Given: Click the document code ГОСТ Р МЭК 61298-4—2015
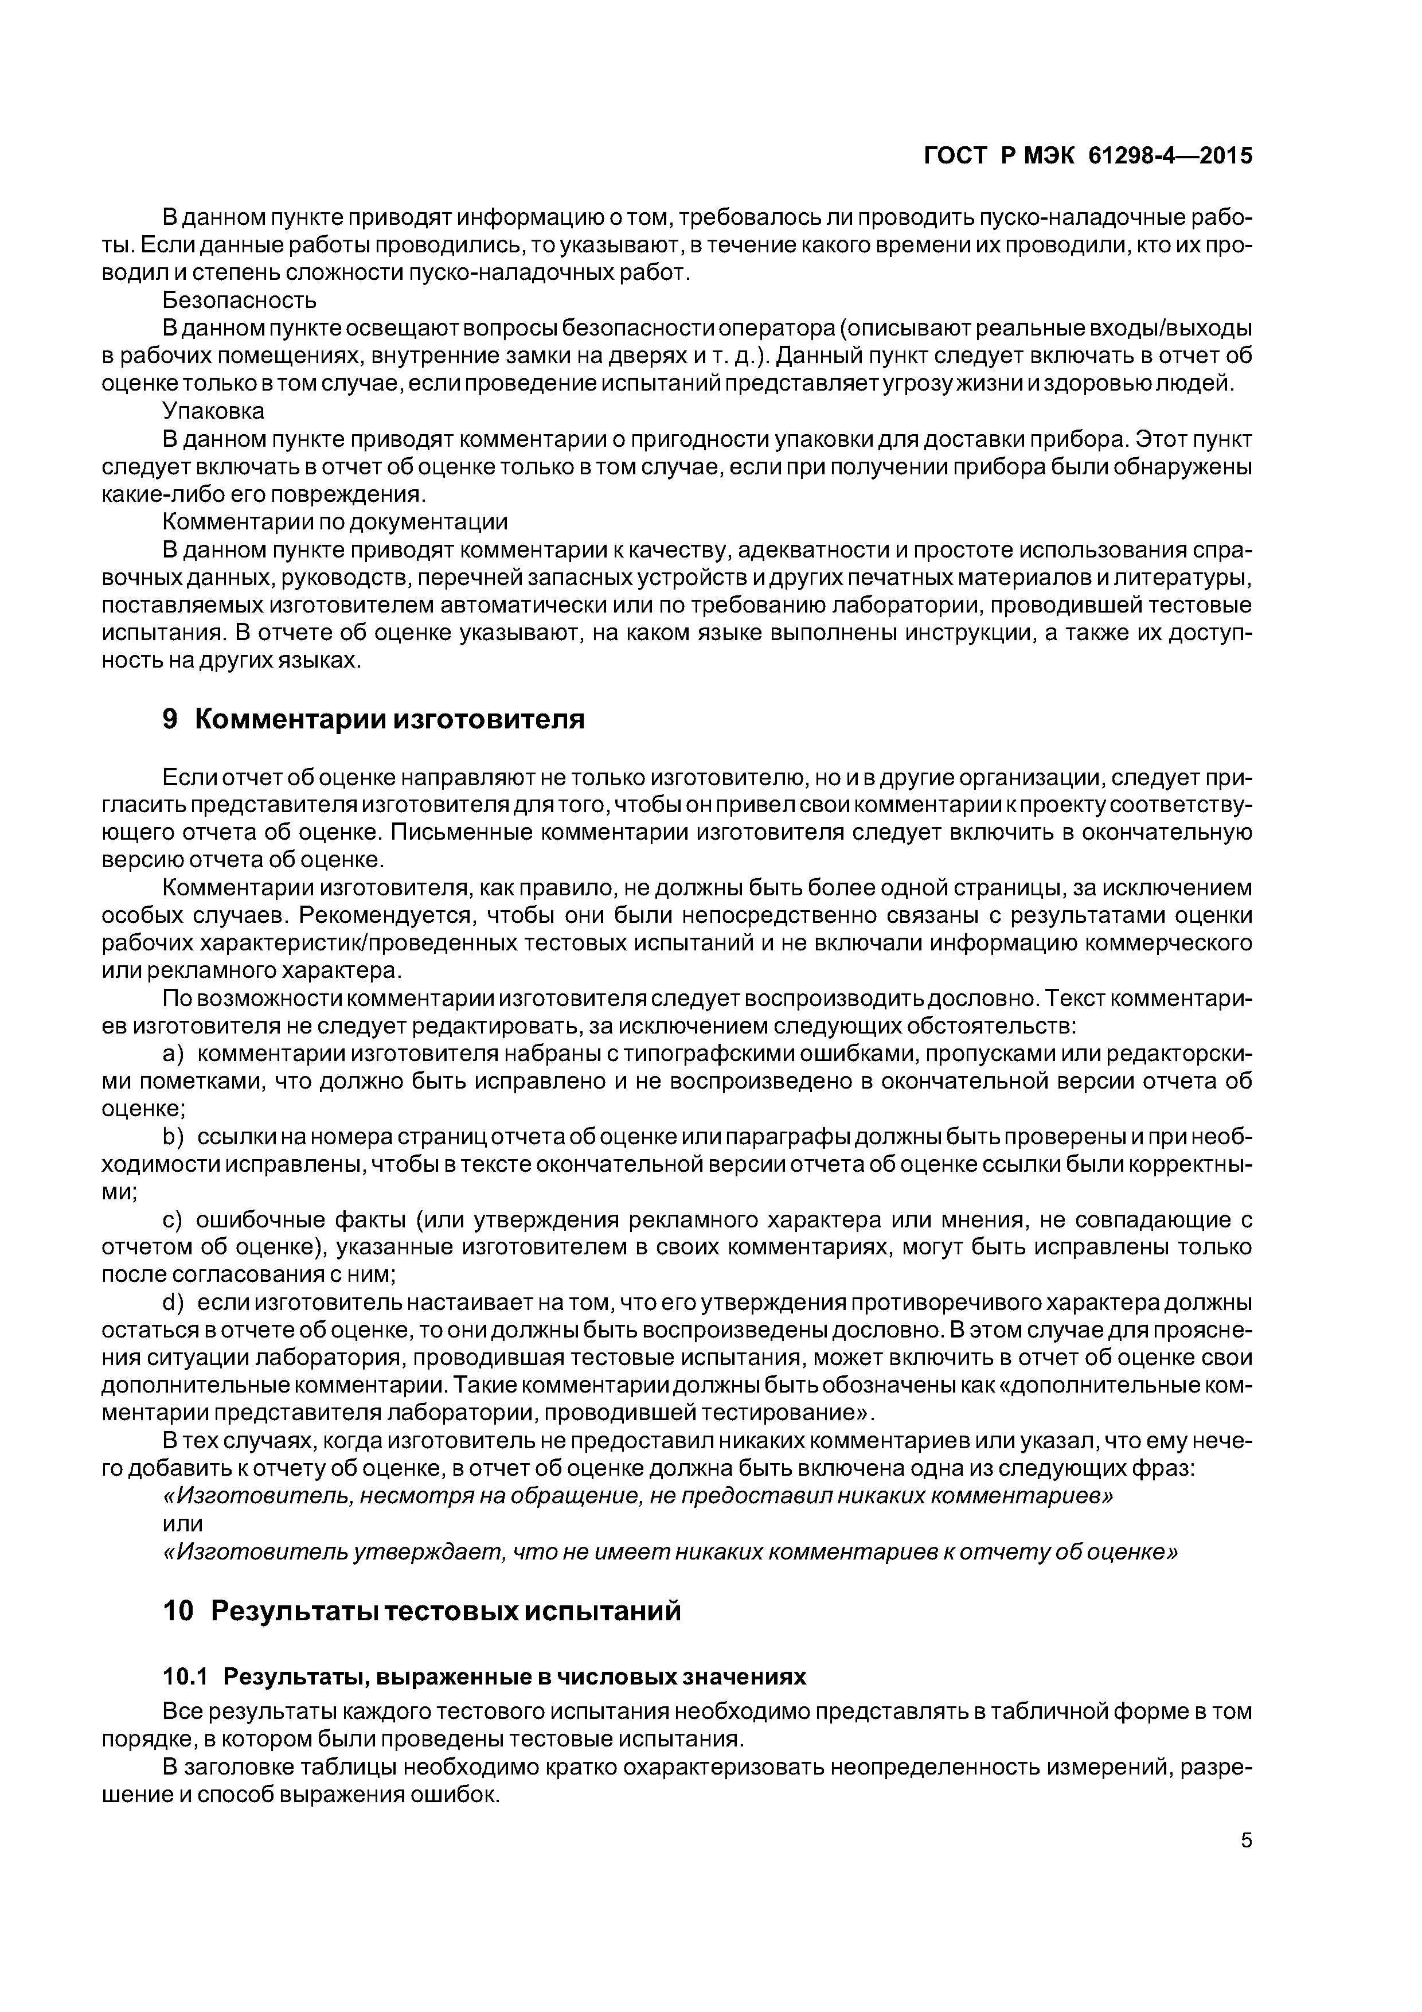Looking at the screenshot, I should click(x=1088, y=156).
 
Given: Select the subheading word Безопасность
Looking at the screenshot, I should click(x=239, y=301).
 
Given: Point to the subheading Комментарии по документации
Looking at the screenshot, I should click(x=335, y=523).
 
